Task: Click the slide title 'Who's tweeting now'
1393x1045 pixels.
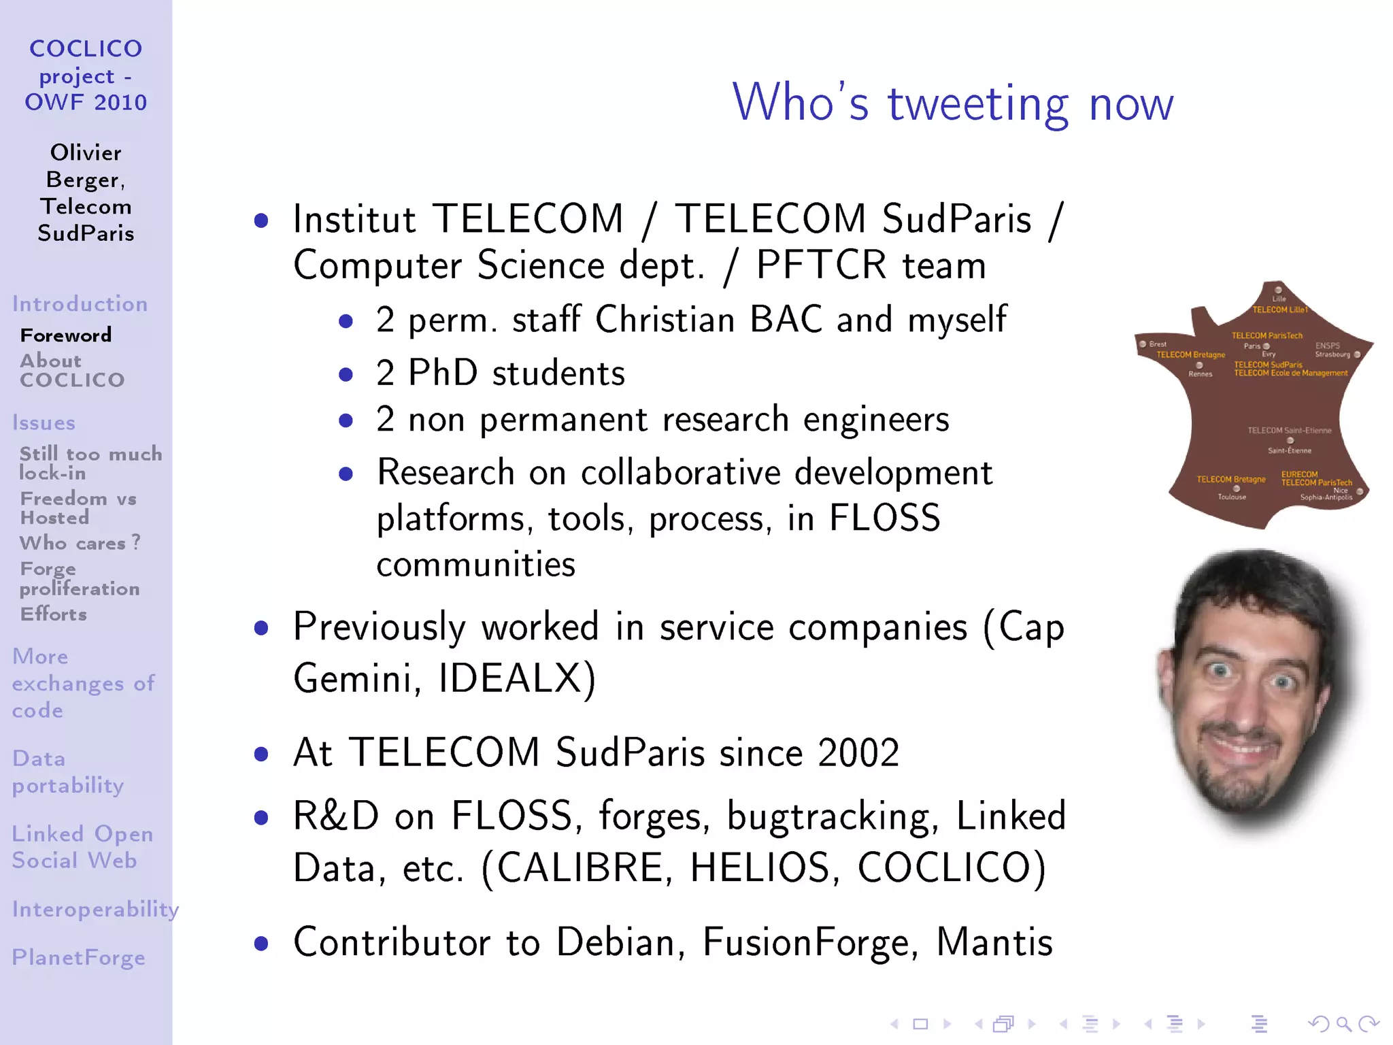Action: click(x=952, y=103)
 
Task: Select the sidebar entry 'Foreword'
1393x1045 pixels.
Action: click(x=66, y=335)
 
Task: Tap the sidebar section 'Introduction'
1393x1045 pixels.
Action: click(x=80, y=303)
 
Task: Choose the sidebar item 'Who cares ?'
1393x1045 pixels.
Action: click(x=80, y=543)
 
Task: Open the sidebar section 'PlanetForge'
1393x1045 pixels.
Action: click(x=79, y=957)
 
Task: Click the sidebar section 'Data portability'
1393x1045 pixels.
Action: click(x=68, y=772)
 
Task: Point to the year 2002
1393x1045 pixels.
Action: click(x=858, y=752)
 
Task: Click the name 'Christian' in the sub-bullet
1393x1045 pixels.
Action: click(x=665, y=319)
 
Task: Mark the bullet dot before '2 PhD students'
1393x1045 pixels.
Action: click(x=346, y=374)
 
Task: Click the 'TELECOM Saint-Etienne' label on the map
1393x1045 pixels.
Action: click(x=1289, y=430)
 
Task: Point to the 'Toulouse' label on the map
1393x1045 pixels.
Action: click(x=1232, y=497)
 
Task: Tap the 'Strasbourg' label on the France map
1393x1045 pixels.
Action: click(x=1332, y=354)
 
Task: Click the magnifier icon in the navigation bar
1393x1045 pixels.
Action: click(x=1343, y=1023)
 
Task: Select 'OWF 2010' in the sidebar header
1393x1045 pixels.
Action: click(x=86, y=102)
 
